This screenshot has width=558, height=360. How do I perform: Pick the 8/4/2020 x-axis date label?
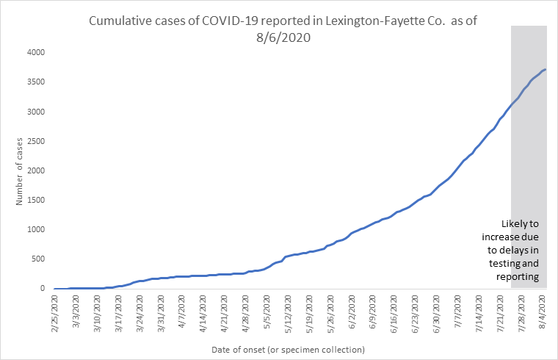(543, 310)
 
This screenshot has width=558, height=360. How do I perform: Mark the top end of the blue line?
(546, 70)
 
